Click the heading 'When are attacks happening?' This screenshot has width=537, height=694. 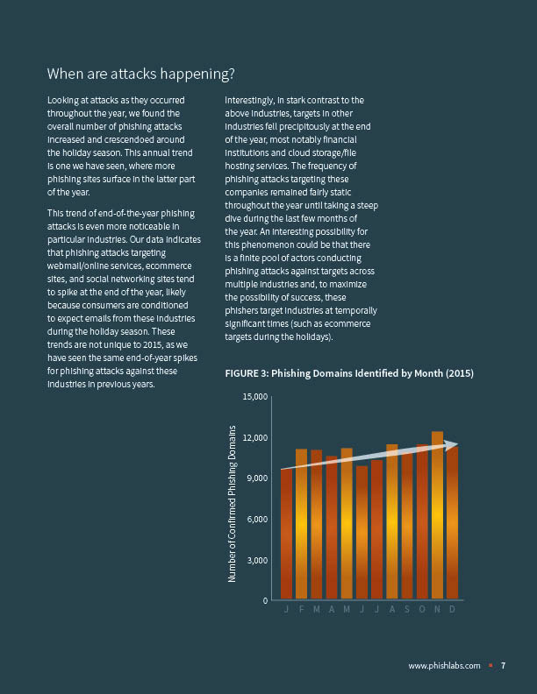point(140,73)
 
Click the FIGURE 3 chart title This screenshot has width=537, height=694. point(349,373)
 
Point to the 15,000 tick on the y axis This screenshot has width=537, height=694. point(254,397)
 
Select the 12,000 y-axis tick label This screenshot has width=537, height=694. point(254,438)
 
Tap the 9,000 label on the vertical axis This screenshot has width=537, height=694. point(255,478)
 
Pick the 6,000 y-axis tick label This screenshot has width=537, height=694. point(255,520)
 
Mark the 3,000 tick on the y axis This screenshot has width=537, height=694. point(255,560)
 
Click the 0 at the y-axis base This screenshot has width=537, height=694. point(264,601)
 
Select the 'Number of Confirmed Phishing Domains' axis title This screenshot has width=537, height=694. point(233,504)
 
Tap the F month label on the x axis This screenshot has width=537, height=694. point(301,610)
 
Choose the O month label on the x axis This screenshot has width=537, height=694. point(422,610)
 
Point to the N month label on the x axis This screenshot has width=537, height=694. point(437,610)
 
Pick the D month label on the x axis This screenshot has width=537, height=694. point(452,610)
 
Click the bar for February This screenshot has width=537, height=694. point(301,526)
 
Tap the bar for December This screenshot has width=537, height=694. point(452,526)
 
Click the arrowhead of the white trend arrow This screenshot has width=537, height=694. point(452,445)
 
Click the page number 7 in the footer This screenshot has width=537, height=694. point(503,666)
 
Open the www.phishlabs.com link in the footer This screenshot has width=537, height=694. point(444,666)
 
